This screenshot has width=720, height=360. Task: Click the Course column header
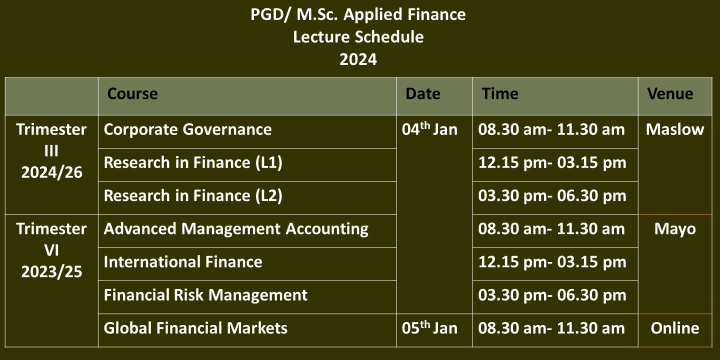pyautogui.click(x=132, y=94)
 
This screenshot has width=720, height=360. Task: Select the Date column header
pyautogui.click(x=422, y=94)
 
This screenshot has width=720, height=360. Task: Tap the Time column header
pyautogui.click(x=500, y=94)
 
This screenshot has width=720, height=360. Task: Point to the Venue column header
pyautogui.click(x=670, y=94)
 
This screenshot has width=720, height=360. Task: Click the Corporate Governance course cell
pyautogui.click(x=187, y=129)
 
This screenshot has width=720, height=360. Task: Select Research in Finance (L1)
pyautogui.click(x=193, y=162)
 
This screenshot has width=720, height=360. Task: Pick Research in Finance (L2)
pyautogui.click(x=193, y=196)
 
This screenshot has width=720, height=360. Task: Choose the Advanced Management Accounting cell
pyautogui.click(x=236, y=229)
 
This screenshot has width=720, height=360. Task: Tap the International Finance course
pyautogui.click(x=183, y=262)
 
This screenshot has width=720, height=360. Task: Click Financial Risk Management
pyautogui.click(x=205, y=295)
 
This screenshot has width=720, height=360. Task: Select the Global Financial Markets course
pyautogui.click(x=195, y=328)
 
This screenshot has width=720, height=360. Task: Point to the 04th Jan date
pyautogui.click(x=429, y=129)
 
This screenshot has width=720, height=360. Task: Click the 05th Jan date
pyautogui.click(x=429, y=328)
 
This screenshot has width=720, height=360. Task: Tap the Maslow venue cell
pyautogui.click(x=675, y=129)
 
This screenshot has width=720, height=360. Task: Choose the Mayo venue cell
pyautogui.click(x=675, y=229)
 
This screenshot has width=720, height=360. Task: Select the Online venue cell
pyautogui.click(x=675, y=328)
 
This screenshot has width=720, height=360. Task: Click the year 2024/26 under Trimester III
pyautogui.click(x=52, y=172)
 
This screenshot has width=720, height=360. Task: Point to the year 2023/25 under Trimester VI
pyautogui.click(x=52, y=271)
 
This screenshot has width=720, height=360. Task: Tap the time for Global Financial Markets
pyautogui.click(x=551, y=328)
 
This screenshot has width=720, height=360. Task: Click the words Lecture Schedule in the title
pyautogui.click(x=358, y=36)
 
